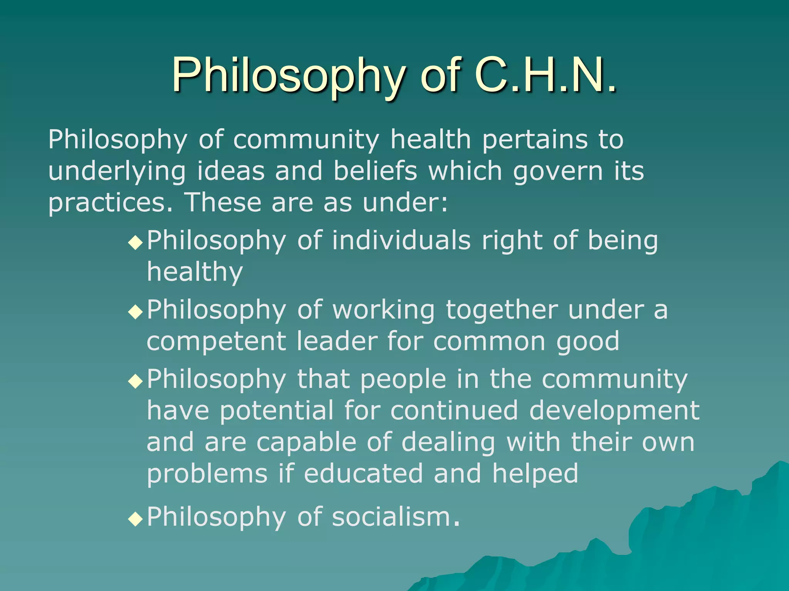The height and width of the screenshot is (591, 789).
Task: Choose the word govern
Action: [557, 172]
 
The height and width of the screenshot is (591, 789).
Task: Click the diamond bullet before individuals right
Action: [136, 243]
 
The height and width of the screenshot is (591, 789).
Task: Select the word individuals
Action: [401, 240]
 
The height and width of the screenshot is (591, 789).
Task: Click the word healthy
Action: [195, 272]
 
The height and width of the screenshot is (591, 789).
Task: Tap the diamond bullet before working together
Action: [136, 312]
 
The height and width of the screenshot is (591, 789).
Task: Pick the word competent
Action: [216, 342]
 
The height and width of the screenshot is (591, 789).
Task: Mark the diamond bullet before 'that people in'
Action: [136, 382]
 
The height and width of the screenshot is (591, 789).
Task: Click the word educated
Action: [363, 474]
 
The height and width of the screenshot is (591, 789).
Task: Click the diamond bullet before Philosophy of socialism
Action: [136, 519]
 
